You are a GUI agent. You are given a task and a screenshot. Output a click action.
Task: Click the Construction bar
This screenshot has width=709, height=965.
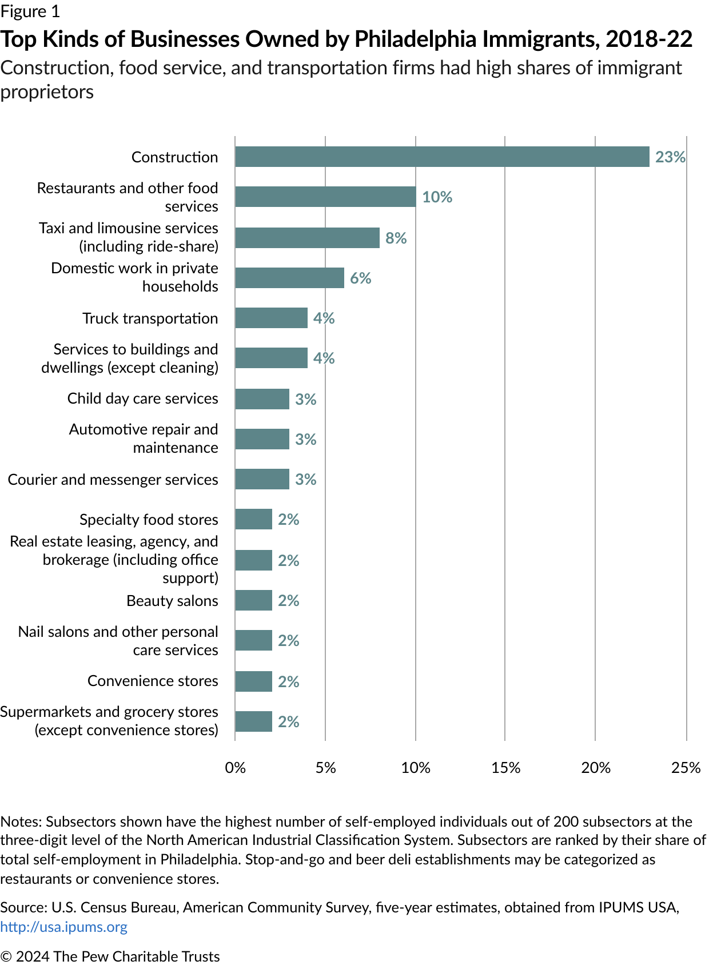pyautogui.click(x=442, y=157)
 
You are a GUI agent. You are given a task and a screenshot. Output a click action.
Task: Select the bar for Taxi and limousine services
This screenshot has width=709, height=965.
pyautogui.click(x=307, y=238)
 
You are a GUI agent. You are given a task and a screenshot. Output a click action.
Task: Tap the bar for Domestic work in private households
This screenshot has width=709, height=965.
pyautogui.click(x=289, y=278)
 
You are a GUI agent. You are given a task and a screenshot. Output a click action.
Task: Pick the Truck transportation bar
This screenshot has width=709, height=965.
pyautogui.click(x=271, y=318)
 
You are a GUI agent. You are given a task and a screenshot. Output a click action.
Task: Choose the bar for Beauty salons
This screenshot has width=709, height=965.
pyautogui.click(x=253, y=600)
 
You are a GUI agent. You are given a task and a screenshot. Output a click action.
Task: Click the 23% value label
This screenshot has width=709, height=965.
pyautogui.click(x=670, y=157)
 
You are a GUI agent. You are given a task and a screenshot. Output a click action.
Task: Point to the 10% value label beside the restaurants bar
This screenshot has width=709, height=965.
pyautogui.click(x=437, y=197)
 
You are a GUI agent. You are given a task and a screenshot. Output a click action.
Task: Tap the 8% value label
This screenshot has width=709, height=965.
pyautogui.click(x=396, y=238)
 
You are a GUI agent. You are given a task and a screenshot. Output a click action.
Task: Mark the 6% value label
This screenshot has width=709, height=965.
pyautogui.click(x=360, y=278)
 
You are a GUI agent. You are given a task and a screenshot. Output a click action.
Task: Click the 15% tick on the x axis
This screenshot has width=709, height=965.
pyautogui.click(x=505, y=767)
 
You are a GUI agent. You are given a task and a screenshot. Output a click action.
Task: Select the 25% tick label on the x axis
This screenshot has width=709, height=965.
pyautogui.click(x=686, y=767)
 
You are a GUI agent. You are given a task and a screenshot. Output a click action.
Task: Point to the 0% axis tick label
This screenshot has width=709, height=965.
pyautogui.click(x=235, y=767)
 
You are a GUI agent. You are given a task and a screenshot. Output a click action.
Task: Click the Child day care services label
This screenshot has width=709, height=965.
pyautogui.click(x=142, y=398)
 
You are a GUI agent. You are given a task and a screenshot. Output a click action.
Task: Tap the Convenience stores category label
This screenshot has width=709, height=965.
pyautogui.click(x=153, y=681)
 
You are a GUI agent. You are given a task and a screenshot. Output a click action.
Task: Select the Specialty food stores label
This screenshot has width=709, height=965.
pyautogui.click(x=149, y=520)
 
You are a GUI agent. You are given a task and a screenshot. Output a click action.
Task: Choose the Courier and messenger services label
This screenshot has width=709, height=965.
pyautogui.click(x=113, y=480)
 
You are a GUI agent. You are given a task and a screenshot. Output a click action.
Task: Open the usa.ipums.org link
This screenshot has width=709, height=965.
pyautogui.click(x=63, y=927)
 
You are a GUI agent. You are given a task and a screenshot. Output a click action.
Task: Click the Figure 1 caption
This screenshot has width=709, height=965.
pyautogui.click(x=30, y=11)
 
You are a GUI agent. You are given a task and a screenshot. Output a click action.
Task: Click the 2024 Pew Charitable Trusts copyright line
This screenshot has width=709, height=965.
pyautogui.click(x=110, y=956)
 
